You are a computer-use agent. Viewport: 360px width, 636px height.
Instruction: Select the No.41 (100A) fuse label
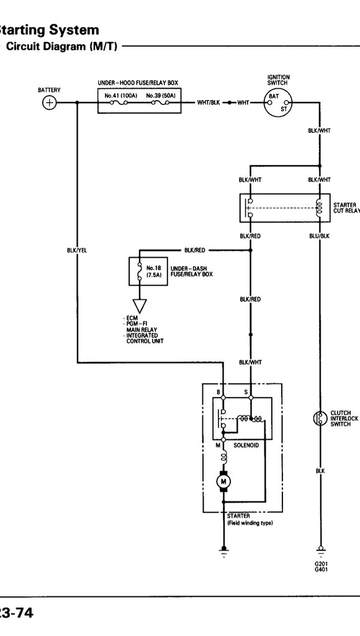click(x=117, y=96)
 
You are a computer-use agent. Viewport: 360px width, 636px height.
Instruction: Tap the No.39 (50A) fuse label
click(x=160, y=96)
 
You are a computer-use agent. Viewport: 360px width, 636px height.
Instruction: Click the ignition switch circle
click(x=277, y=102)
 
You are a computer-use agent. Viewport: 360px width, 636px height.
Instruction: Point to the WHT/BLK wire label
click(x=208, y=103)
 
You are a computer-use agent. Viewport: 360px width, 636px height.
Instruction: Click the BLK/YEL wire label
click(x=77, y=250)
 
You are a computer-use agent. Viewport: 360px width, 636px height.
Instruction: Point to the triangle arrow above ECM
click(x=140, y=306)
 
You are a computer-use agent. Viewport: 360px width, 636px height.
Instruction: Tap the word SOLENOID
click(x=246, y=446)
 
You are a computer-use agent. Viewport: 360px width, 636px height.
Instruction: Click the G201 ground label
click(x=320, y=564)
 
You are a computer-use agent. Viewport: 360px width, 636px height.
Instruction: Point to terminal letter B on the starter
click(x=218, y=393)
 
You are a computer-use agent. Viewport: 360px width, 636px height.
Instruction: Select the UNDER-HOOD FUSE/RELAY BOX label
click(x=138, y=83)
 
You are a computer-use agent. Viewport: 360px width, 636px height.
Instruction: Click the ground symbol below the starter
click(x=223, y=551)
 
